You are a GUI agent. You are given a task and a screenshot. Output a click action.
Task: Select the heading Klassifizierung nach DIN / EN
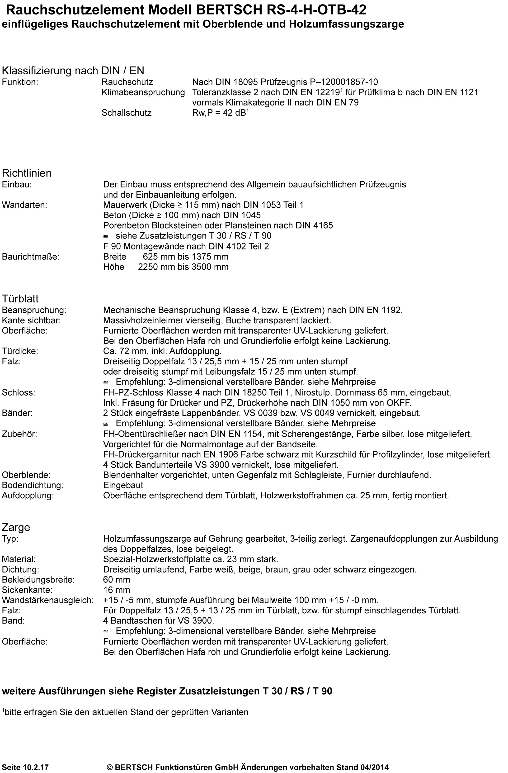click(73, 71)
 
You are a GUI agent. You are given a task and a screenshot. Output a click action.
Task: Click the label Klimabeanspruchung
click(143, 93)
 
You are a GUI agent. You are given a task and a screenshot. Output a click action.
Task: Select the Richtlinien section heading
click(27, 173)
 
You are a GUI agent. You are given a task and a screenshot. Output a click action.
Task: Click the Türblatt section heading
click(20, 298)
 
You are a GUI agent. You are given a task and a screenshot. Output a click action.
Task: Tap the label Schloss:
click(19, 393)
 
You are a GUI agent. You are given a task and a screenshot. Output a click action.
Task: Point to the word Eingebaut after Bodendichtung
click(123, 486)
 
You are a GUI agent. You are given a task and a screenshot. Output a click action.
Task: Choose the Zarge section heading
click(16, 527)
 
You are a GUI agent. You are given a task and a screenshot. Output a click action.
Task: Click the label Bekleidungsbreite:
click(38, 580)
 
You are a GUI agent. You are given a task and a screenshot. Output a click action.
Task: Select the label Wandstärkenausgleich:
click(48, 600)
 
